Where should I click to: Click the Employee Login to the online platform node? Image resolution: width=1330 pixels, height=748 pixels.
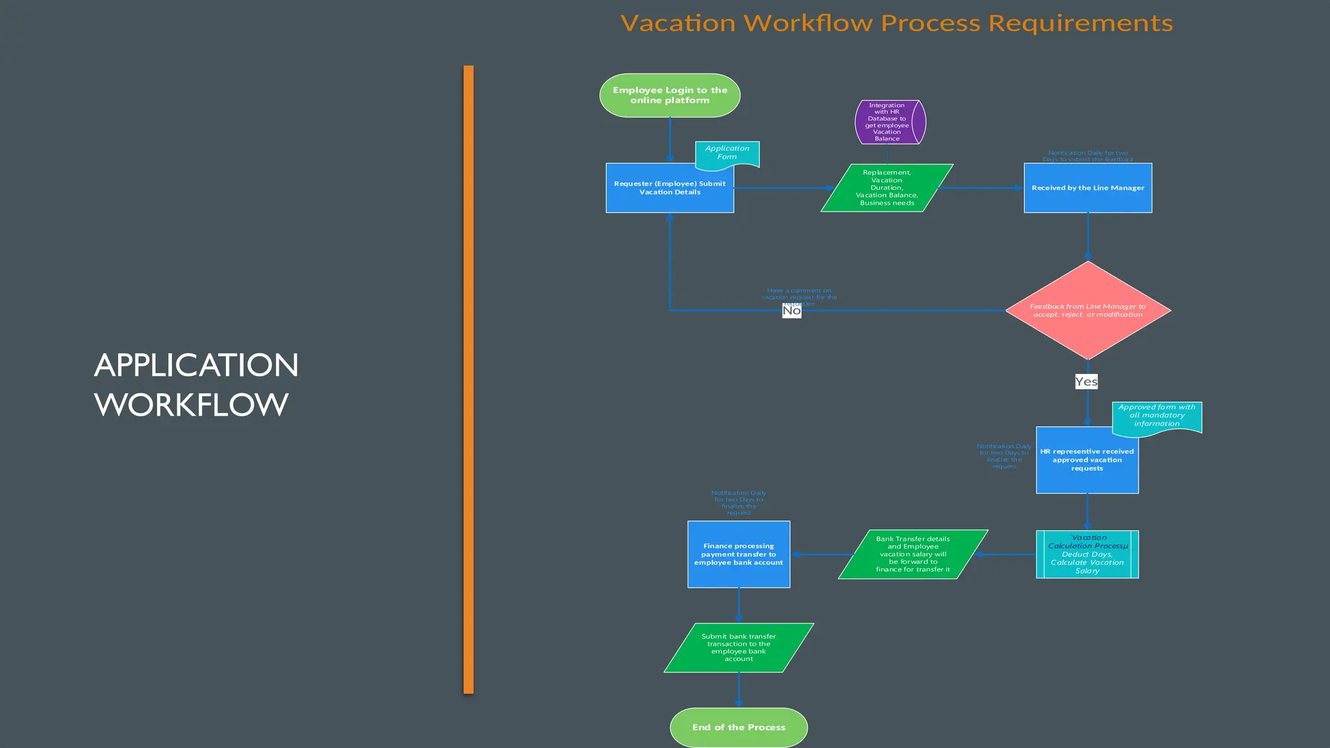[x=670, y=95]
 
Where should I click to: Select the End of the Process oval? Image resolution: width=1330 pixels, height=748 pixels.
[x=738, y=727]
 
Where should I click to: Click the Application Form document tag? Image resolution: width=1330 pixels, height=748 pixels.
[x=727, y=153]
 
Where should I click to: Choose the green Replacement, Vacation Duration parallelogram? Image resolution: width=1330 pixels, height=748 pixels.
[x=886, y=188]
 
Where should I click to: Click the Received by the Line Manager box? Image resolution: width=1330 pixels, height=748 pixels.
[x=1088, y=188]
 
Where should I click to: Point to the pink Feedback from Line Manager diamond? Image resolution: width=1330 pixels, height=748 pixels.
[x=1088, y=310]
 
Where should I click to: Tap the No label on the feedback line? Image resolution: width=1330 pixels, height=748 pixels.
[x=792, y=311]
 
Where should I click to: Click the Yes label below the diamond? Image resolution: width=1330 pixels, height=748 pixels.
[x=1086, y=382]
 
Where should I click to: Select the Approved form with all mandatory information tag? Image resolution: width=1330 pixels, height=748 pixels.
[x=1157, y=416]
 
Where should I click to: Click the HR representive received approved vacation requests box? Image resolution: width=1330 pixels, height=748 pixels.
[x=1086, y=460]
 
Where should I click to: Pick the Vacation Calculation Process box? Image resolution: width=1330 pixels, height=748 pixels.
[x=1087, y=555]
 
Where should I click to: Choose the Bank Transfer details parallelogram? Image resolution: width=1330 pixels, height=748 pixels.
[x=912, y=555]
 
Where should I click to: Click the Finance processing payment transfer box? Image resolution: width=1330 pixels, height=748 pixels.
[x=738, y=555]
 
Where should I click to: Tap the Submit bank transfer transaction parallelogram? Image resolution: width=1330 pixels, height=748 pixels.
[x=738, y=648]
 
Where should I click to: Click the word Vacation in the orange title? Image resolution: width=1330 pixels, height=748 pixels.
[x=678, y=23]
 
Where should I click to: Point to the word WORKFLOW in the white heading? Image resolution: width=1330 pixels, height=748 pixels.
[x=191, y=405]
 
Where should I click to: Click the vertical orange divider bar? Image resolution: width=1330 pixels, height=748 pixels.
[x=468, y=380]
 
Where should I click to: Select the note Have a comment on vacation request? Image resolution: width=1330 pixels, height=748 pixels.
[x=799, y=295]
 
